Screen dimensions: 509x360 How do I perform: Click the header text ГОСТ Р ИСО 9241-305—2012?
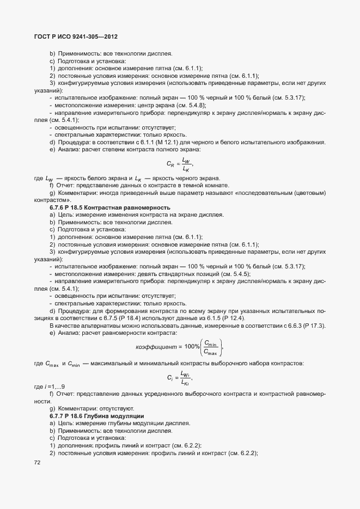click(x=72, y=36)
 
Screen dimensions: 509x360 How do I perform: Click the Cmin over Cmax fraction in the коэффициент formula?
click(x=209, y=347)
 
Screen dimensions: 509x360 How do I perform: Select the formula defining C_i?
click(x=179, y=376)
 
